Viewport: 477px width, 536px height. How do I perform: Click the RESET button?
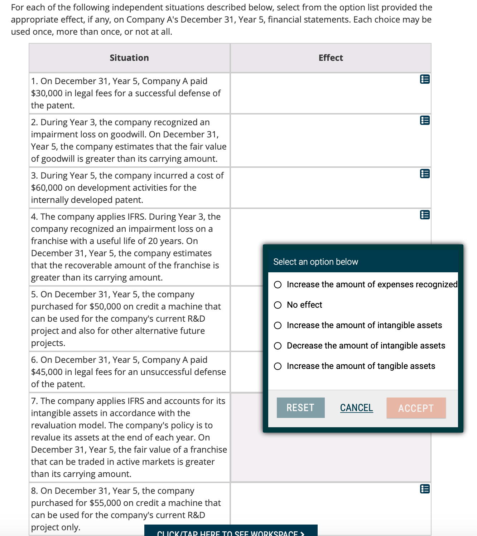coord(300,408)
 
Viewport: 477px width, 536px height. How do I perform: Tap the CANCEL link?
coord(356,408)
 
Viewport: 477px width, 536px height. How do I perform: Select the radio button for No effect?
coord(278,305)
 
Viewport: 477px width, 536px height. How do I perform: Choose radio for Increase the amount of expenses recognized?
coord(278,284)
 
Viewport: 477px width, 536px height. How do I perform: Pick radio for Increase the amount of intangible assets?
coord(278,325)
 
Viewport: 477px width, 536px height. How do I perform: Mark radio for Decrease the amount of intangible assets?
coord(278,346)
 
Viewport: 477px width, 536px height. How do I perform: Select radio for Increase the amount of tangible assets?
coord(278,366)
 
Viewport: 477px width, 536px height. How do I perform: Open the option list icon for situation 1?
coord(425,79)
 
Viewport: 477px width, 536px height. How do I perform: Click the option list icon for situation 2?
coord(425,120)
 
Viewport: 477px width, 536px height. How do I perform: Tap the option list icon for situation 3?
coord(425,174)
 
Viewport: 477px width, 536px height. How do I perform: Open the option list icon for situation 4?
coord(425,215)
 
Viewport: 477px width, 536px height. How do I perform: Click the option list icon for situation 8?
coord(425,489)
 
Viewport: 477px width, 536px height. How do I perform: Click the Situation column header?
coord(129,58)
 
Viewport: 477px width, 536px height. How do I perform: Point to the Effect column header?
coord(331,58)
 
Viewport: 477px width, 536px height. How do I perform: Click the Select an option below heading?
coord(315,262)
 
